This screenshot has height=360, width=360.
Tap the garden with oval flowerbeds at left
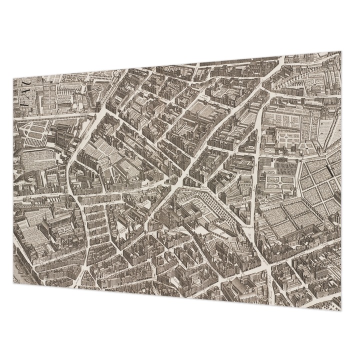click(37, 131)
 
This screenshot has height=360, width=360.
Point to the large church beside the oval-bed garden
click(64, 135)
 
